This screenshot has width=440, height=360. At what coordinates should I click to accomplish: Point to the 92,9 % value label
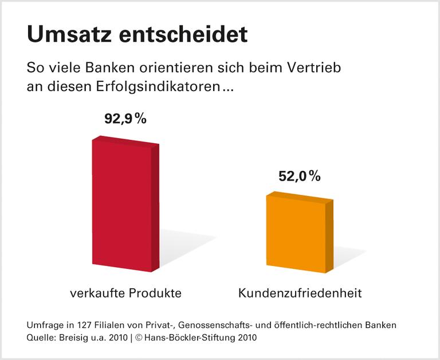(x=125, y=119)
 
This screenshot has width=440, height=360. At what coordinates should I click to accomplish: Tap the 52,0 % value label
(x=300, y=177)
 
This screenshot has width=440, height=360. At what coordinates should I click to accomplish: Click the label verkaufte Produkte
(x=125, y=294)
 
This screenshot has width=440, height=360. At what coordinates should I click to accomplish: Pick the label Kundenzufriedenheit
(x=300, y=294)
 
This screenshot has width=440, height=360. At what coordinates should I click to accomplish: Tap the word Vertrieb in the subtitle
(x=317, y=68)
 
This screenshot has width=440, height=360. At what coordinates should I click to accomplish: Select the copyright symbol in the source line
(x=139, y=338)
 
